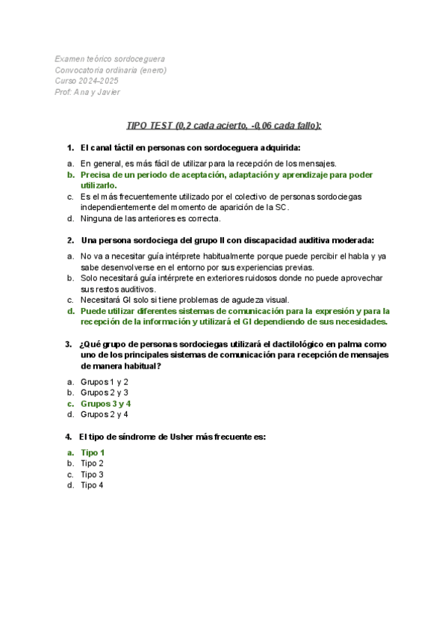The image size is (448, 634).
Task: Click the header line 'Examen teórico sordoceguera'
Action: [111, 58]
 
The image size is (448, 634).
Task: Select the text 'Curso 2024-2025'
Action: [86, 81]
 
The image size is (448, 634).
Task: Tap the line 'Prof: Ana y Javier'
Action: [87, 92]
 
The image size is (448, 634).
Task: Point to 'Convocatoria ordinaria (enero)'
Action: [111, 70]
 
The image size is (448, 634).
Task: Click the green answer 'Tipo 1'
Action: [93, 452]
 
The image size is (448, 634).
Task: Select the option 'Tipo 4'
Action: [92, 485]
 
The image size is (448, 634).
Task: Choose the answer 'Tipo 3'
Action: [92, 474]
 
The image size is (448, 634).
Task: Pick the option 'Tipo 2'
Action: [92, 463]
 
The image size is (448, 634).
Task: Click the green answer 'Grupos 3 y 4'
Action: [105, 403]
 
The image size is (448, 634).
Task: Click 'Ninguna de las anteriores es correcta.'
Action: [150, 218]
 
